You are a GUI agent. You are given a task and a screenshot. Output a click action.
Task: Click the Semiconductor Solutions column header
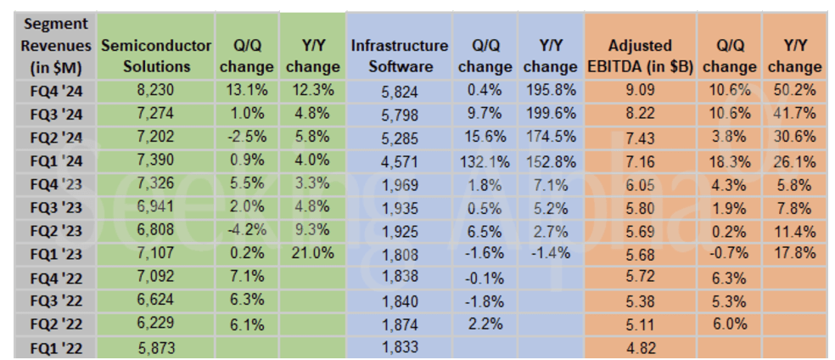[155, 56]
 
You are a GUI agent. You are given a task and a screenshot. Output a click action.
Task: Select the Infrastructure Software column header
[399, 56]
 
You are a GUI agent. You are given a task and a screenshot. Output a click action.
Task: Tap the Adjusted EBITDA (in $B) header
[641, 56]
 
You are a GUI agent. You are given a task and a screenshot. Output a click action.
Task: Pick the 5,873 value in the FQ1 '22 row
[155, 346]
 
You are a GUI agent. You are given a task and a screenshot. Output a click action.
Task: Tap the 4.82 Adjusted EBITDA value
[640, 346]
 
